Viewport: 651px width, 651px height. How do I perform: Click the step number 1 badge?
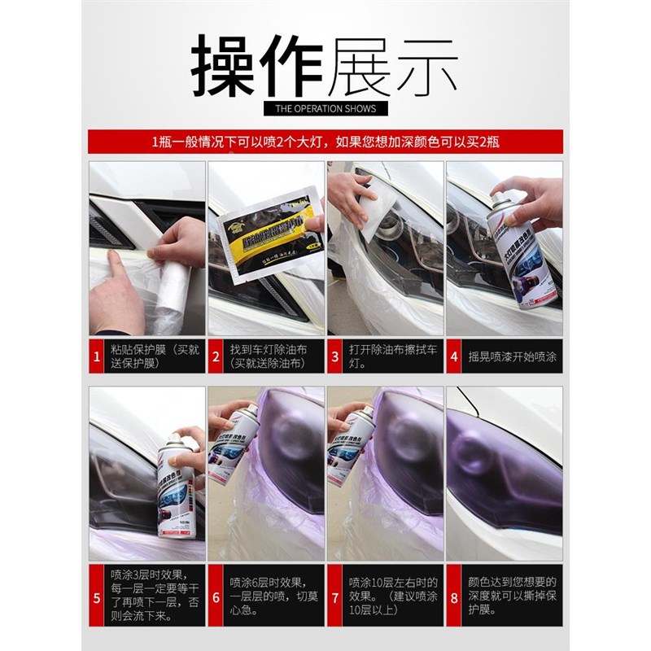pyautogui.click(x=97, y=356)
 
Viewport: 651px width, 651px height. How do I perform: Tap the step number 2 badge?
pyautogui.click(x=216, y=356)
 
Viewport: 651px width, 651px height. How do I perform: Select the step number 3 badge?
pyautogui.click(x=334, y=356)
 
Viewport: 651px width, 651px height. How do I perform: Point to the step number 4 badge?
pyautogui.click(x=453, y=356)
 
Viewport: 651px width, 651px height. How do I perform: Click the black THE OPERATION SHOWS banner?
pyautogui.click(x=325, y=107)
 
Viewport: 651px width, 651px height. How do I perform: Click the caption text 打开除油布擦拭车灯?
pyautogui.click(x=391, y=356)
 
